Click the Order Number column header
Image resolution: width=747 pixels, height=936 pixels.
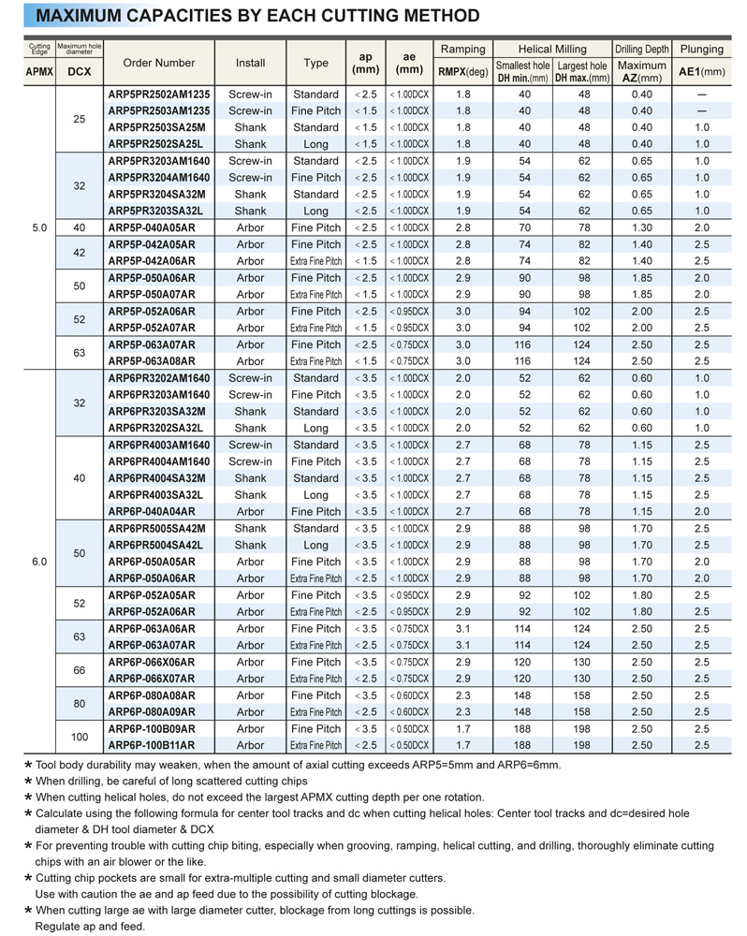(x=159, y=63)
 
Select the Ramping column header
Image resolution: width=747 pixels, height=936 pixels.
(x=463, y=49)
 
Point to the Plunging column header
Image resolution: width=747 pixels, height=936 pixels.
(x=701, y=49)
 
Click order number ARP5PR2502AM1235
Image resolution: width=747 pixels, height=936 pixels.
(x=159, y=95)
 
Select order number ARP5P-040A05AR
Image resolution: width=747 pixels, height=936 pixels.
(x=152, y=227)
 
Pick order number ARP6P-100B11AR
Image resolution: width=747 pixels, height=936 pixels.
(x=152, y=745)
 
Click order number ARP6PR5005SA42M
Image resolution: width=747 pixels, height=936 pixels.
(x=156, y=528)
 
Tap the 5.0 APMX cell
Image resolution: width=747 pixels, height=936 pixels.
(x=38, y=227)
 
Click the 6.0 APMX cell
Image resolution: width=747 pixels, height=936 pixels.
(x=38, y=562)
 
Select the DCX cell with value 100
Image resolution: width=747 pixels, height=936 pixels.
(x=79, y=738)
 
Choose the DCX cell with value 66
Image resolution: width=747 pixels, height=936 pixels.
(x=79, y=670)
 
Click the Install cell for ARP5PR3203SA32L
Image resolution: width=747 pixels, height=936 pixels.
(x=250, y=211)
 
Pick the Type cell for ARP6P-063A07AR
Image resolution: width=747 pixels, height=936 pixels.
(x=315, y=645)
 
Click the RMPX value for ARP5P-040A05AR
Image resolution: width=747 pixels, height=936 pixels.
(x=462, y=227)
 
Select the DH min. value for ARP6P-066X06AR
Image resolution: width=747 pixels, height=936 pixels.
(x=524, y=662)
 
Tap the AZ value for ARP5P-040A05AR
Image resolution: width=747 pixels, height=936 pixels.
(x=641, y=227)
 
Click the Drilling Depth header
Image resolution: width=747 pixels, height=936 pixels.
(x=641, y=49)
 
